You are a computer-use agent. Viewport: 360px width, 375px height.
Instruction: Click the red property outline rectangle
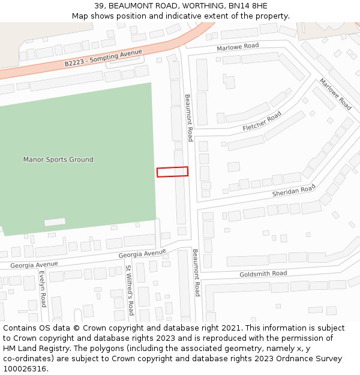coord(172,172)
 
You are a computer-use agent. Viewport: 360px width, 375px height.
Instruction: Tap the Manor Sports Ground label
coord(58,160)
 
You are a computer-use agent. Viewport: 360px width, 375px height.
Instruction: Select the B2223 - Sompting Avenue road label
coord(103,58)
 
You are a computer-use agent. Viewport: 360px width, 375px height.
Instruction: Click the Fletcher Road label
coord(262,122)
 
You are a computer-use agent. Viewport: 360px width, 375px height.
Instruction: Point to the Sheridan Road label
coord(293,190)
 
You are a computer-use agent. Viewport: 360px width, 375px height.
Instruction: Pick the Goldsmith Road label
coord(263,274)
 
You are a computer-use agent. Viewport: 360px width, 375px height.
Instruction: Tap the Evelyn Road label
coord(43,289)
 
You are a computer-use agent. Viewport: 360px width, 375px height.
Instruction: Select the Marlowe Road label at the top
coord(238,46)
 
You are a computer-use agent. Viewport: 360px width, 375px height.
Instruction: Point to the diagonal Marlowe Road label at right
coord(335,94)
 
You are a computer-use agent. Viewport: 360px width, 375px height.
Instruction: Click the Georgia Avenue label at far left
coord(34,265)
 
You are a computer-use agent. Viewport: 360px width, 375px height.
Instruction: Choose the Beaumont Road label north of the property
coord(188,118)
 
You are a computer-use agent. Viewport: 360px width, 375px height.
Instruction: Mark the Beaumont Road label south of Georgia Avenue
coord(196,273)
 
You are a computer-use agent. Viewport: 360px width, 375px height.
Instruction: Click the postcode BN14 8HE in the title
coord(248,6)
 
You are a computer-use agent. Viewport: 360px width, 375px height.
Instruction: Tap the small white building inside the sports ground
coord(55,222)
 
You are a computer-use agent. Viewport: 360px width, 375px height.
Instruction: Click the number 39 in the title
coord(100,6)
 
